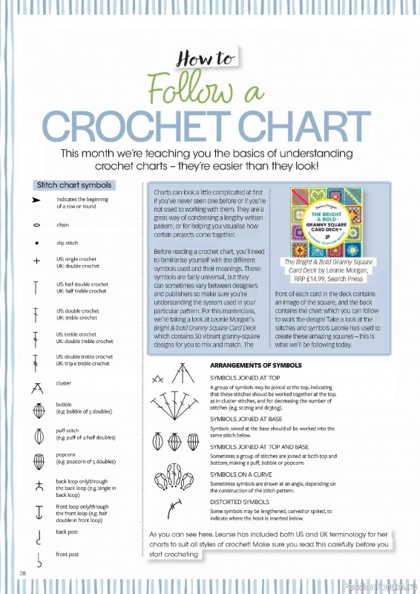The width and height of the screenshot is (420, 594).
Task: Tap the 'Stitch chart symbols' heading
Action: (x=74, y=185)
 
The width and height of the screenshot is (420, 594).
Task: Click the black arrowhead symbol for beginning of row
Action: (x=36, y=201)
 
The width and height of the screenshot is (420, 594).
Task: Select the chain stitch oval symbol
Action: (x=36, y=224)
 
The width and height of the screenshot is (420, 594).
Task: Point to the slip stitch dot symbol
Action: (x=36, y=243)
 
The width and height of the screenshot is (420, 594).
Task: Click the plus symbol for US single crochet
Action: (x=36, y=261)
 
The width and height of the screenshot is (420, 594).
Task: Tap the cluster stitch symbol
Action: (x=36, y=386)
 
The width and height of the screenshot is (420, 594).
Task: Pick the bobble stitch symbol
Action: (x=36, y=410)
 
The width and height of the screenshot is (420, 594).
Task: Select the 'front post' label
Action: (x=67, y=555)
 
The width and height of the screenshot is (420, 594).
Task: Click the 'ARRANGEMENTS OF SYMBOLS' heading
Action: (x=256, y=366)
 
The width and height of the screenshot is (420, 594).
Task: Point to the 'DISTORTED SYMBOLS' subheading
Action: (x=238, y=501)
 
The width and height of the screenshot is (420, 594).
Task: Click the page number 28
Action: (x=23, y=572)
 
